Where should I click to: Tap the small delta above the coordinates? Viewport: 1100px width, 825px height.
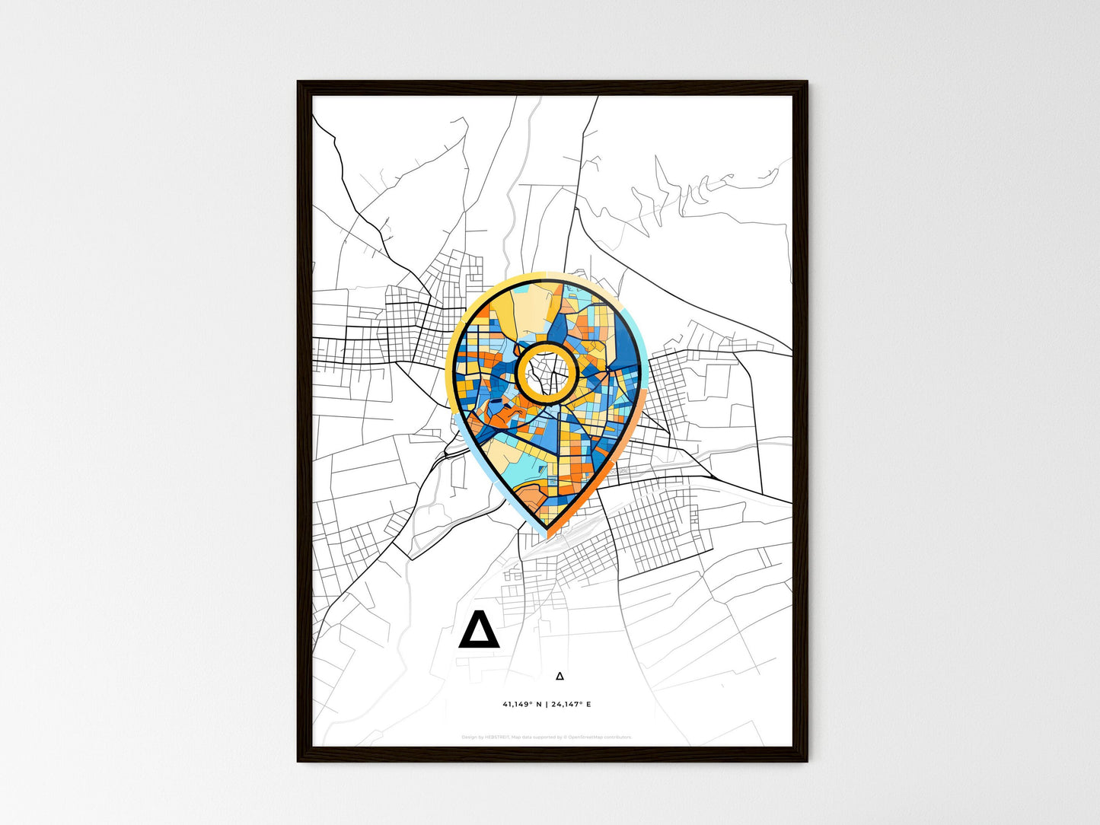(560, 675)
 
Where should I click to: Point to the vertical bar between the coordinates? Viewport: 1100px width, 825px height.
(547, 704)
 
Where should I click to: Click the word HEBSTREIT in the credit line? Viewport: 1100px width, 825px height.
(497, 737)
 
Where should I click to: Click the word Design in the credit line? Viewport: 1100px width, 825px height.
(469, 737)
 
